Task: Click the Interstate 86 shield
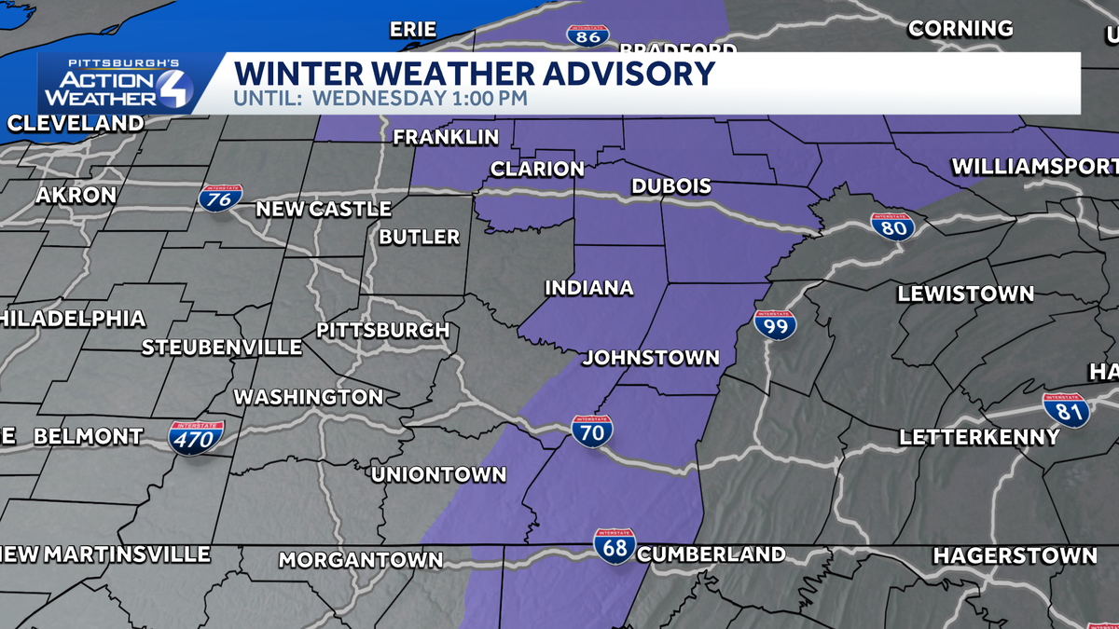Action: click(588, 35)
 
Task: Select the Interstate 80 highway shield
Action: click(892, 226)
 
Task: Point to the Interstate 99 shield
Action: click(775, 324)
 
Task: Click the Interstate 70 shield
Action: click(592, 431)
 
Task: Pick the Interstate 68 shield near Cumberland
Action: click(615, 546)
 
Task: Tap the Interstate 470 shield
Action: click(196, 437)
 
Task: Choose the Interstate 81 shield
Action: click(1066, 409)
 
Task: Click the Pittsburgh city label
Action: click(383, 330)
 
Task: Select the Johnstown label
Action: click(651, 358)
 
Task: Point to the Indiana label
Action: click(588, 288)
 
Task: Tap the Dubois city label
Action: click(670, 186)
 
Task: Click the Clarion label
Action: click(537, 170)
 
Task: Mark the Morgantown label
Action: click(361, 560)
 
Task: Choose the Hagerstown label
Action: click(1015, 555)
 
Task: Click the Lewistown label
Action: click(965, 294)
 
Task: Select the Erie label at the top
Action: click(413, 30)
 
